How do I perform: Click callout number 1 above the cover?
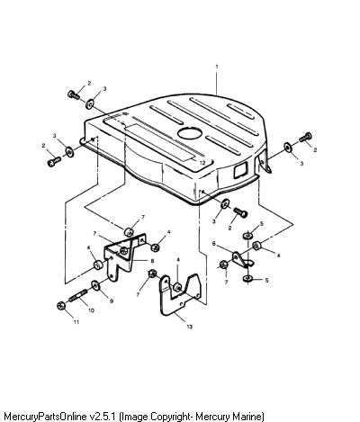[x=217, y=67]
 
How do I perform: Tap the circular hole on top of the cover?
[x=191, y=133]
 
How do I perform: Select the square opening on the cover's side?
[x=241, y=170]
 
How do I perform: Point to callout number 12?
[x=202, y=163]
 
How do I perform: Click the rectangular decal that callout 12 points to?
[x=159, y=142]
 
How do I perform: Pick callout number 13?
[x=189, y=327]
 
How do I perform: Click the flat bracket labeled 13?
[x=179, y=295]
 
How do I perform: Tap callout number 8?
[x=152, y=261]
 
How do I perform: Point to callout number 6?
[x=214, y=244]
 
